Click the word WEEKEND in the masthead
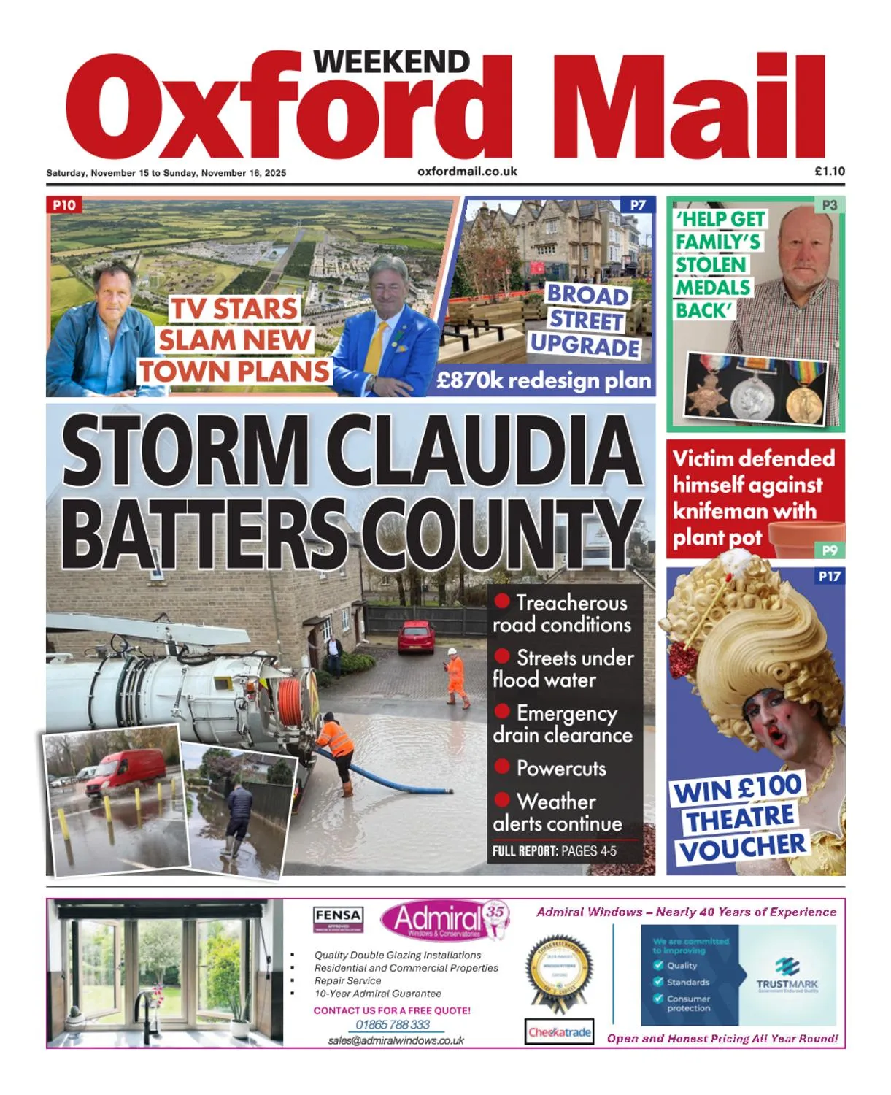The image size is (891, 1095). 392,62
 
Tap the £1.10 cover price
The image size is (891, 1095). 830,172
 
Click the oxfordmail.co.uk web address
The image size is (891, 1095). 467,171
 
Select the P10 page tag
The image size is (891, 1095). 63,205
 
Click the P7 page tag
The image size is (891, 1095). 638,205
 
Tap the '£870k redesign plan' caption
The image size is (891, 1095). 544,380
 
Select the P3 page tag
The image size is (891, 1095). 830,205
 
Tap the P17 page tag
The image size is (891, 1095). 830,577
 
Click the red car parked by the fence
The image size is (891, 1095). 416,637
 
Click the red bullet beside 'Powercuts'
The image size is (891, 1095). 502,766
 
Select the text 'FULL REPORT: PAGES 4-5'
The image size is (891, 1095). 554,851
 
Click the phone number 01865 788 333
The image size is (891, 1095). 393,1025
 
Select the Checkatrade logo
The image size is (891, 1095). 559,1032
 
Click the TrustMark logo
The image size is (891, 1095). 787,975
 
